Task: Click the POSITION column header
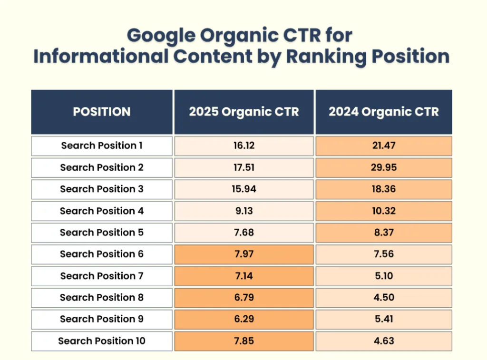(101, 112)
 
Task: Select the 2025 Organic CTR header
(243, 112)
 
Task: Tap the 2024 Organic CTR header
(383, 112)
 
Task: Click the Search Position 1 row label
(101, 146)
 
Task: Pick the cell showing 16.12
(243, 146)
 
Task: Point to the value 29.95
(383, 167)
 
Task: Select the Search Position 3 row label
(101, 189)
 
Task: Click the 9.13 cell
(243, 211)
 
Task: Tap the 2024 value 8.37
(383, 233)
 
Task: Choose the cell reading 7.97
(243, 254)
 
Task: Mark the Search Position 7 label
(101, 276)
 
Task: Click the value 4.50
(383, 298)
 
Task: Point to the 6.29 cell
(243, 319)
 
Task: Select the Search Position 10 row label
(101, 341)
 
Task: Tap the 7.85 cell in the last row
(243, 341)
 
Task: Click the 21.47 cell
(383, 146)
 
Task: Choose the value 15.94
(243, 189)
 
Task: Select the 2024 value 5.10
(383, 276)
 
